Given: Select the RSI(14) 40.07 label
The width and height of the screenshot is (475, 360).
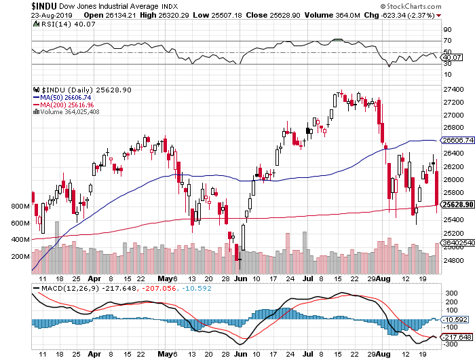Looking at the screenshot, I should pos(61,26).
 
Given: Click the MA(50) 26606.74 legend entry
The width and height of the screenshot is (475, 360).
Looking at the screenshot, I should pos(63,97).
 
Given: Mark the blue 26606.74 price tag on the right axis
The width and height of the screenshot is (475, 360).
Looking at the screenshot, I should pos(456,140).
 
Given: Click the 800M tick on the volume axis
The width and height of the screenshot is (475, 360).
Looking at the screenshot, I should pos(20,206).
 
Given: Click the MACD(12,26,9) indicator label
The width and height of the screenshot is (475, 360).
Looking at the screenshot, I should pos(68,288).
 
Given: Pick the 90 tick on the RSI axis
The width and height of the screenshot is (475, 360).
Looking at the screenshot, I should pos(447,30).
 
